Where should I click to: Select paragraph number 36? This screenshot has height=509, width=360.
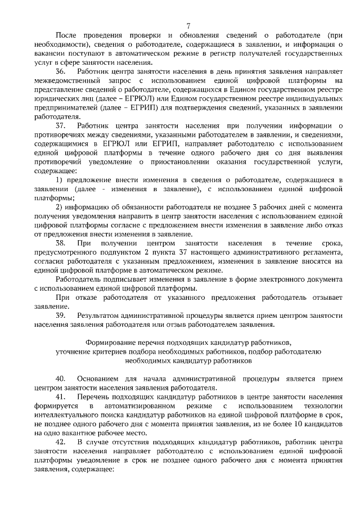pyautogui.click(x=61, y=73)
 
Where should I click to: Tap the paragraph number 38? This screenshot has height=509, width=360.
pyautogui.click(x=61, y=243)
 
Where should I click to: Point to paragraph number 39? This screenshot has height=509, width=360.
pyautogui.click(x=61, y=316)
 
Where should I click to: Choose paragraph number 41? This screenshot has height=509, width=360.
pyautogui.click(x=61, y=397)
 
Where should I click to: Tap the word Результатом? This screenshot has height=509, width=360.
pyautogui.click(x=101, y=316)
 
